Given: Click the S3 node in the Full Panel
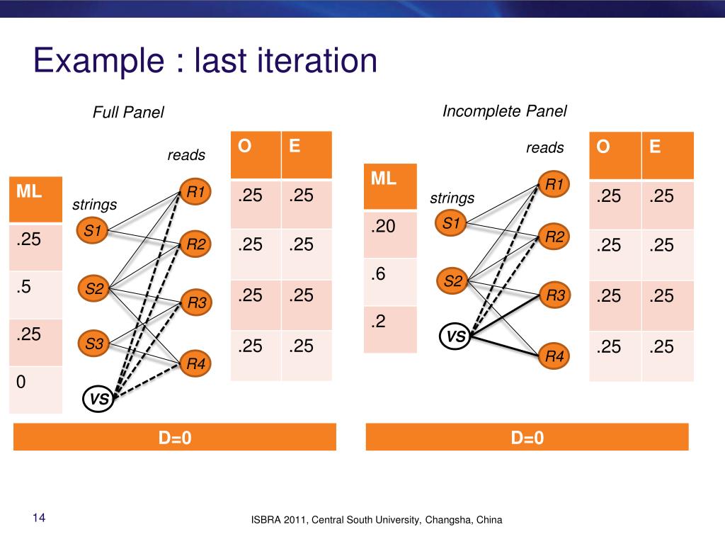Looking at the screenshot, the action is click(x=95, y=344).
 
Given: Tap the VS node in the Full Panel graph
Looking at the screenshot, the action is click(x=98, y=399).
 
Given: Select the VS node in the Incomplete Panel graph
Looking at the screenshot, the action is click(x=455, y=338).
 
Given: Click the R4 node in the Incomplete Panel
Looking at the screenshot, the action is click(x=554, y=356).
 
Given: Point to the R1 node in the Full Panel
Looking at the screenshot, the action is click(x=195, y=191).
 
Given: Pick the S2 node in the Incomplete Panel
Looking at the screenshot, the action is click(x=452, y=281).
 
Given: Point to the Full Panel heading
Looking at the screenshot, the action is click(x=128, y=112).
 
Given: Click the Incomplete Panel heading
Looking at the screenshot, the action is click(x=505, y=111).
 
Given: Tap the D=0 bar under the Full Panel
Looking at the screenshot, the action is click(x=174, y=438).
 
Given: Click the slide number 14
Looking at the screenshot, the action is click(x=39, y=519).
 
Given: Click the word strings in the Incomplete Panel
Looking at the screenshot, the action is click(x=452, y=198).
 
